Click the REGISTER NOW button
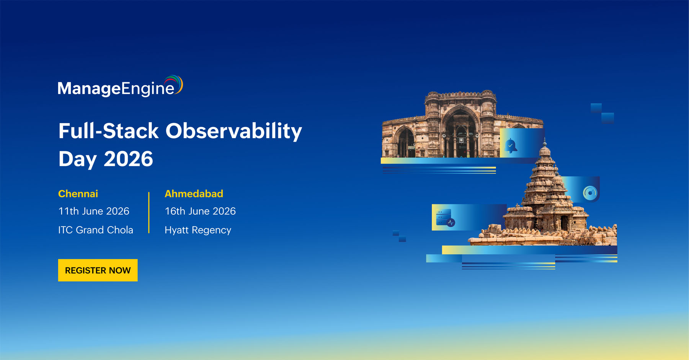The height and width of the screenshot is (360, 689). [98, 270]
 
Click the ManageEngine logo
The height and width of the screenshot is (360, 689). [120, 86]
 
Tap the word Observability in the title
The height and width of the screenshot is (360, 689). [233, 131]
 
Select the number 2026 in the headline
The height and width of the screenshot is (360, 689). [128, 159]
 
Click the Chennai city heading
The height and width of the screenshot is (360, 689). [78, 194]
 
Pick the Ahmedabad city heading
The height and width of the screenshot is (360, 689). [194, 194]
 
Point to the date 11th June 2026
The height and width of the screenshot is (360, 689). [94, 211]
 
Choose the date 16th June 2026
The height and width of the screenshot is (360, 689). [200, 211]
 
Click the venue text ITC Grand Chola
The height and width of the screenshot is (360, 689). [96, 230]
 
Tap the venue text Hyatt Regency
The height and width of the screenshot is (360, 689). [198, 230]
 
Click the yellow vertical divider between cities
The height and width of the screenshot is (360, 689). [149, 213]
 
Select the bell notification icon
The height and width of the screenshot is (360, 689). [511, 146]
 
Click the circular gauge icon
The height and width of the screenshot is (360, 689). [590, 193]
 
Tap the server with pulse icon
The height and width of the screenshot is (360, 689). [446, 218]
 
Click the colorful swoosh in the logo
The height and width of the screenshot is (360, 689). [174, 83]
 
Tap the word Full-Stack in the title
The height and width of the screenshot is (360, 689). [108, 131]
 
